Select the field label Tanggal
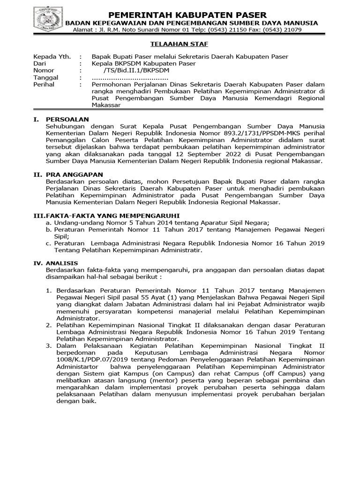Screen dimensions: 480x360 (45, 77)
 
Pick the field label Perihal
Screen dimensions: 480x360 (44, 84)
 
